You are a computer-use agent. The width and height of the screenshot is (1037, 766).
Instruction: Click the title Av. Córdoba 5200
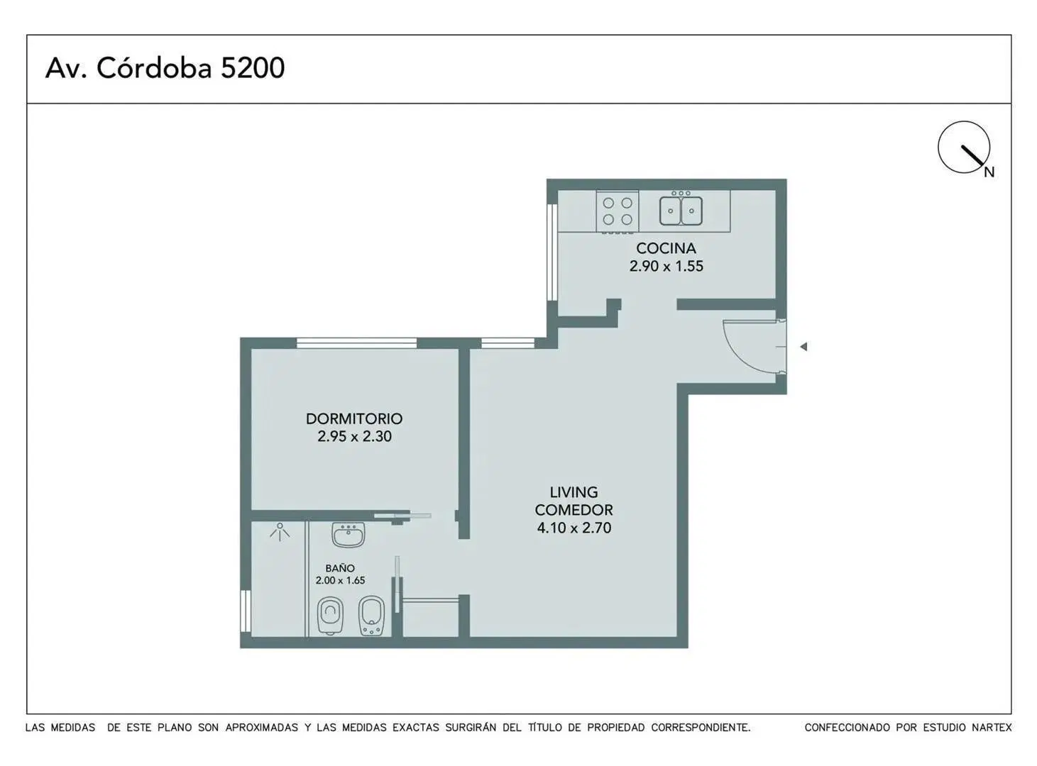coord(165,68)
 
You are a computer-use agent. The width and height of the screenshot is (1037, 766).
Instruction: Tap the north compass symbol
coord(965,148)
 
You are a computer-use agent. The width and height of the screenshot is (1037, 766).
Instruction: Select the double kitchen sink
coord(681,210)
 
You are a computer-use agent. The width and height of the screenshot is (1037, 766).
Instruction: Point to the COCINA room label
coord(666,248)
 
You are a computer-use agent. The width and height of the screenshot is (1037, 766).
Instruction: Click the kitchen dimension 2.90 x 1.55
coord(666,266)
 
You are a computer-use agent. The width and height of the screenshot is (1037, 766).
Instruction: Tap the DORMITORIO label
coord(354,418)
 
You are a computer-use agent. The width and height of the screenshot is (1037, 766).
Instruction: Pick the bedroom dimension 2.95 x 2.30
coord(354,436)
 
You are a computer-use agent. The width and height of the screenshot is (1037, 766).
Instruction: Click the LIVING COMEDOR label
coord(574,501)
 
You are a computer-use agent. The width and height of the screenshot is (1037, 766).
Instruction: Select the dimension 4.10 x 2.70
coord(574,528)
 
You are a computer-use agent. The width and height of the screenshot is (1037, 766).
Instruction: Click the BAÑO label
coord(340,568)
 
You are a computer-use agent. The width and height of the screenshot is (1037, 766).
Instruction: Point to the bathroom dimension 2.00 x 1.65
coord(340,580)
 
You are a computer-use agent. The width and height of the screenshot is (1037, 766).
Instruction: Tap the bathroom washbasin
coord(349,535)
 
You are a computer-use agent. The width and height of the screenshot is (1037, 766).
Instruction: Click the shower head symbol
coord(280,532)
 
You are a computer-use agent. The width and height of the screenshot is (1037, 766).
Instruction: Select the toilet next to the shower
coord(330,616)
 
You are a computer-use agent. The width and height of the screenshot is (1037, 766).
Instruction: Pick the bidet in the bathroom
coord(372,616)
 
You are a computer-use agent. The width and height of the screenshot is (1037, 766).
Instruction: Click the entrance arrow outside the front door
coord(803,347)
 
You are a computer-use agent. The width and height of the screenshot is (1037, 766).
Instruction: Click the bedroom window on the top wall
coord(356,343)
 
